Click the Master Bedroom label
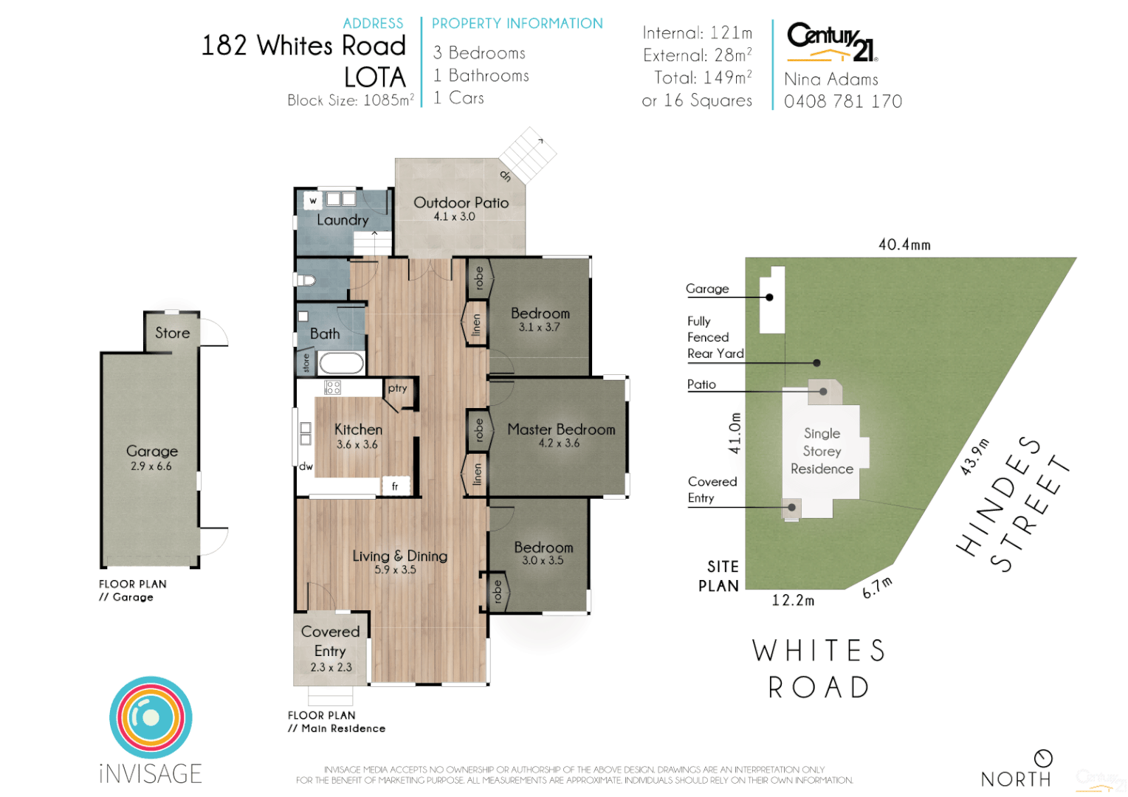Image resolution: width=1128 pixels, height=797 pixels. click(561, 429)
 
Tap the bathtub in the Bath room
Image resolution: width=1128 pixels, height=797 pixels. click(341, 362)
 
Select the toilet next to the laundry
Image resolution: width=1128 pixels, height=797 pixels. click(306, 280)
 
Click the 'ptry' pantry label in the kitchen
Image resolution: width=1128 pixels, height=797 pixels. click(397, 388)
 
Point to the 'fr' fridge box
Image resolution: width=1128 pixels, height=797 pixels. click(395, 486)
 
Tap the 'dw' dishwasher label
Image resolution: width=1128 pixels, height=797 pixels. click(306, 466)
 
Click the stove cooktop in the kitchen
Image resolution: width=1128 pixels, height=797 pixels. click(332, 387)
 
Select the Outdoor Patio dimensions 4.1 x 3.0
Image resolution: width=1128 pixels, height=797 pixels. click(454, 217)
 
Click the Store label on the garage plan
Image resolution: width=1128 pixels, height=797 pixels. click(172, 333)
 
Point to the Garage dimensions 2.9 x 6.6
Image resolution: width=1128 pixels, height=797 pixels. click(151, 466)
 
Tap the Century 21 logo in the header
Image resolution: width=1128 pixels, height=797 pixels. click(831, 41)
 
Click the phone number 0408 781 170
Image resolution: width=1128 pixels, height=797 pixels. click(843, 102)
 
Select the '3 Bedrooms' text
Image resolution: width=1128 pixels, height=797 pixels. click(479, 53)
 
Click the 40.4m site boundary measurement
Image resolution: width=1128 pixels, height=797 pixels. click(904, 244)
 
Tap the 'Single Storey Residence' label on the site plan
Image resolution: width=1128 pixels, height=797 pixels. click(822, 451)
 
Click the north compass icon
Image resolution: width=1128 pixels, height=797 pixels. click(1043, 758)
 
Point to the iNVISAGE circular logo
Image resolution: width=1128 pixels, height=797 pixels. click(151, 717)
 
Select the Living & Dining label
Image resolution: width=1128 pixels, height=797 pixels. click(399, 556)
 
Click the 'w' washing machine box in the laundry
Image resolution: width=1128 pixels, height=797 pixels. click(313, 200)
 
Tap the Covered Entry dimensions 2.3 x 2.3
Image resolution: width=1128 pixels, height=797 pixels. click(331, 667)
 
